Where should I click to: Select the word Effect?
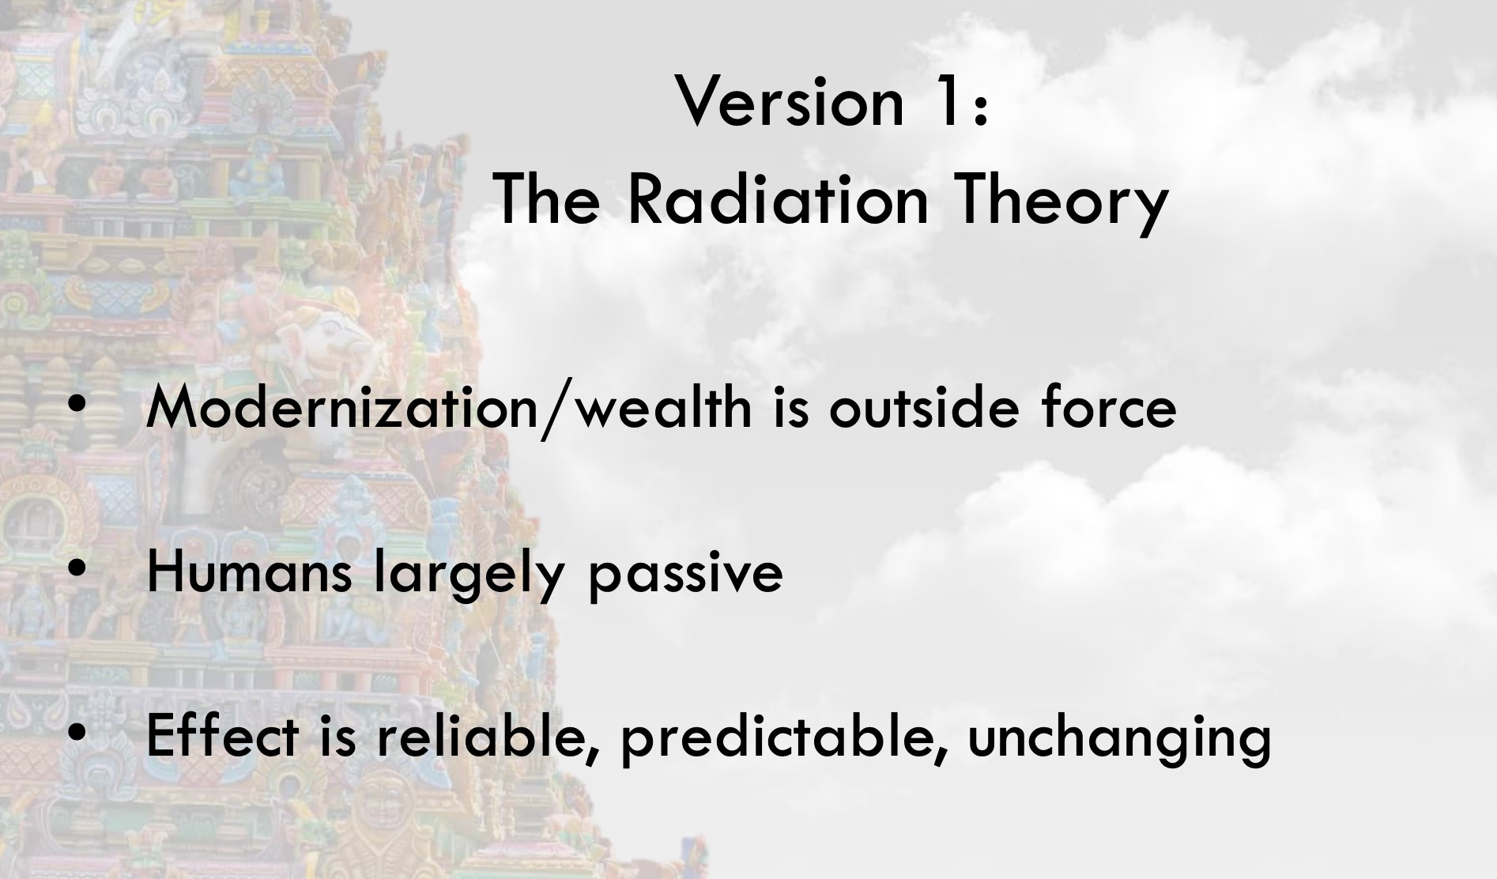click(x=222, y=737)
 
